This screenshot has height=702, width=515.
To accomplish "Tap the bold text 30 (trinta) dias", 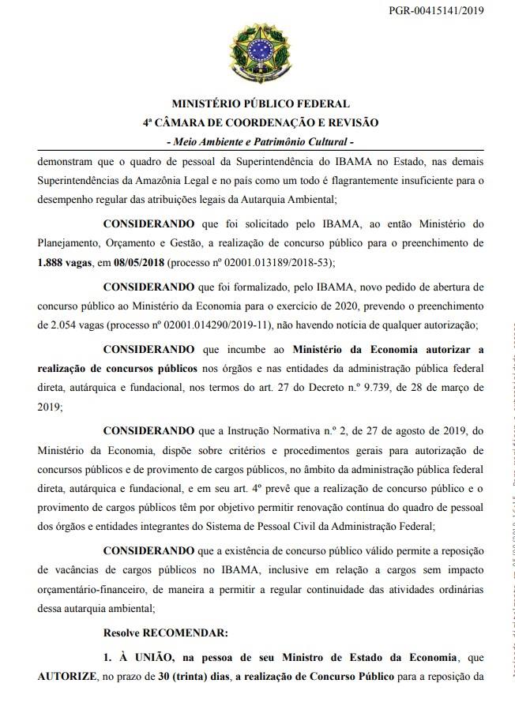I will tap(185, 678).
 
